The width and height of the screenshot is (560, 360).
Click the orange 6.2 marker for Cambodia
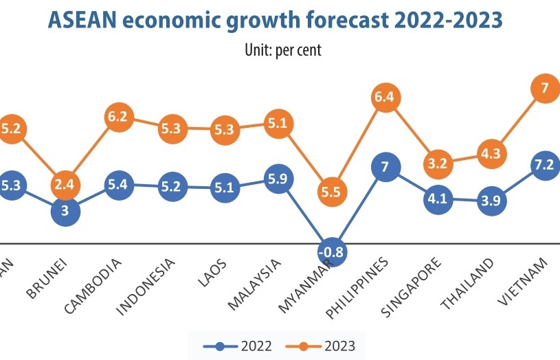tap(117, 117)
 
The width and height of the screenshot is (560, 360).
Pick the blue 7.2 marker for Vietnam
tap(548, 166)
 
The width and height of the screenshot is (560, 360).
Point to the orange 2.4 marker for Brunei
tap(65, 185)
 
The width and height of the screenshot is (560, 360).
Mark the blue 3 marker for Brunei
tap(65, 211)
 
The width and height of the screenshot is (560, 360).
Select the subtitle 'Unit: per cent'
tap(283, 49)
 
